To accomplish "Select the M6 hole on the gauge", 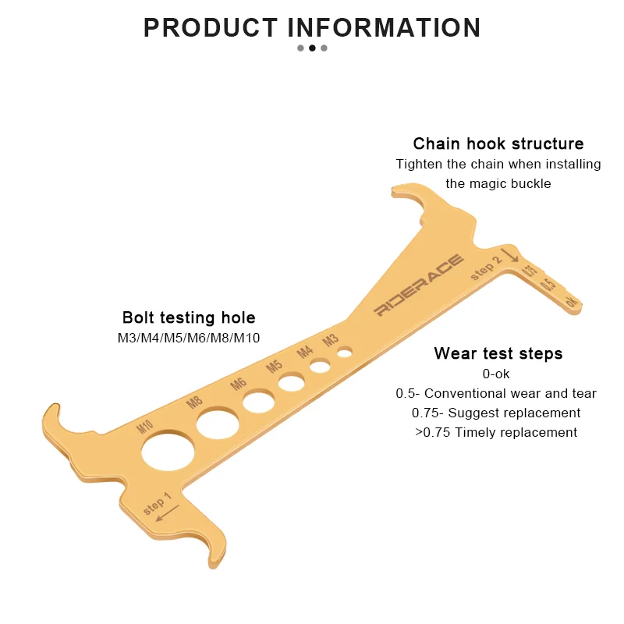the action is pos(258,402).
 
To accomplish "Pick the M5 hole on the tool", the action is pos(292,382).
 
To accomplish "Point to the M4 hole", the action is pos(320,365).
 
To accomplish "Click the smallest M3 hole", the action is pos(344,353).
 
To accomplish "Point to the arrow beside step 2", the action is pos(510,255).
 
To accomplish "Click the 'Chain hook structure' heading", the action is pos(498,144).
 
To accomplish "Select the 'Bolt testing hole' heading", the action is pos(189,317).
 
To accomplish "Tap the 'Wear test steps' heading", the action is pos(498,353).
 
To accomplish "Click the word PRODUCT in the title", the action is pos(210,28).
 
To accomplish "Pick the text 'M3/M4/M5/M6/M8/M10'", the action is pos(189,338).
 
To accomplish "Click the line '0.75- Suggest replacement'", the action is pos(496,413).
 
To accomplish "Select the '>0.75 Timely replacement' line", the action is pos(496,432).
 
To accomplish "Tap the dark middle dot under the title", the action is pos(312,48).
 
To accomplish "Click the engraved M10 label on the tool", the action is pos(145,427).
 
